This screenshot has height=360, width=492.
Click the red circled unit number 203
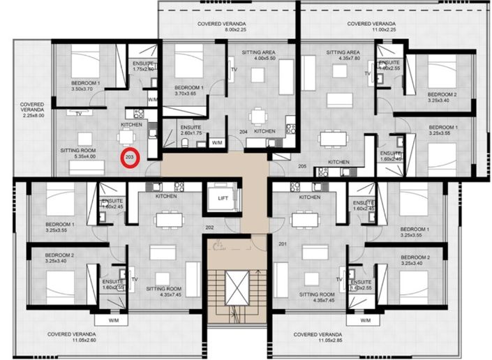pyautogui.click(x=130, y=158)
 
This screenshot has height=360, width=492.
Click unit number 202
pyautogui.click(x=209, y=227)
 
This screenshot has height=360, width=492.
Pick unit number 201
pyautogui.click(x=282, y=243)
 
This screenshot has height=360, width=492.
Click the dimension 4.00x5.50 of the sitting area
pyautogui.click(x=260, y=59)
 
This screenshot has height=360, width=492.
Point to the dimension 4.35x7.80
pyautogui.click(x=343, y=59)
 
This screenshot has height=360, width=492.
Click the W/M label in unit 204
pyautogui.click(x=217, y=142)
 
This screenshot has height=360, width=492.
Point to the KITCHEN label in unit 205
pyautogui.click(x=338, y=161)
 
